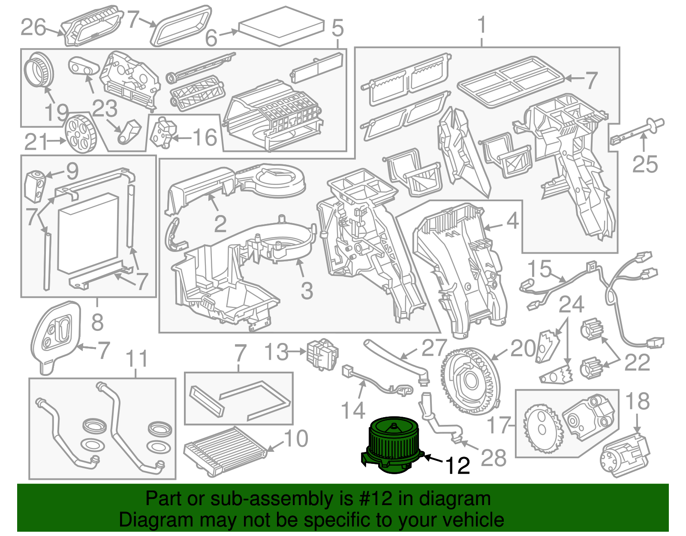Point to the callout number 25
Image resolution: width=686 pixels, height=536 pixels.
click(645, 164)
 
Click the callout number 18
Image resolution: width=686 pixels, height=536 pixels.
click(638, 401)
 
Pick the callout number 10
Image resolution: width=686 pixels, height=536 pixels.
click(296, 438)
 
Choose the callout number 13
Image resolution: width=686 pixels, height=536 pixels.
click(276, 351)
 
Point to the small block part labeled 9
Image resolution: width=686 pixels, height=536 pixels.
click(35, 187)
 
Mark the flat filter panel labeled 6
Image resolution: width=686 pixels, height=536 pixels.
click(282, 27)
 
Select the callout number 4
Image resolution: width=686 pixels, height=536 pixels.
click(512, 221)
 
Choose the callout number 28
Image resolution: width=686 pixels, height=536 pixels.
click(493, 457)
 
